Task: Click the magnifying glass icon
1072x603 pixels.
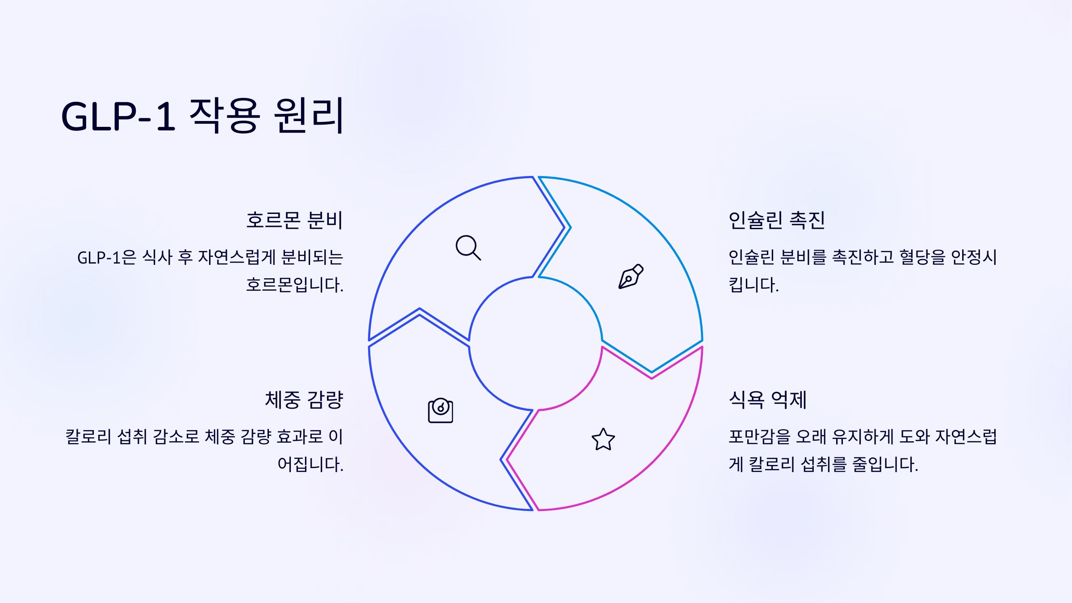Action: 468,247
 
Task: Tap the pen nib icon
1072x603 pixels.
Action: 630,276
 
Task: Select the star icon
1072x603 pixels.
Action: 603,440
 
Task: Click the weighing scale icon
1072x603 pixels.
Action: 440,410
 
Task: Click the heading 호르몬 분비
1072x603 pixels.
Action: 294,220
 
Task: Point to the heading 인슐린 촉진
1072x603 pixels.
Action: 776,220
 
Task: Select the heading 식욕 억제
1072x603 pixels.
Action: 767,400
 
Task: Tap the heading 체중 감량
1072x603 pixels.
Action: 304,400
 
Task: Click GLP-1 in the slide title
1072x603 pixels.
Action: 118,117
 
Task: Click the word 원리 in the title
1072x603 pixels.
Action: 308,116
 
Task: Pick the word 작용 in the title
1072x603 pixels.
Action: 224,116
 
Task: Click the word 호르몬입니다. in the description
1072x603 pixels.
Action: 294,285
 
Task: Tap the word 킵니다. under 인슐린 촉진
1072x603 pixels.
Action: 754,285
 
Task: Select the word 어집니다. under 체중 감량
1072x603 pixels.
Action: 310,465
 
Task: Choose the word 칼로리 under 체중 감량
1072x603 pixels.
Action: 88,437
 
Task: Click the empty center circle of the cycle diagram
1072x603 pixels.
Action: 536,343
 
